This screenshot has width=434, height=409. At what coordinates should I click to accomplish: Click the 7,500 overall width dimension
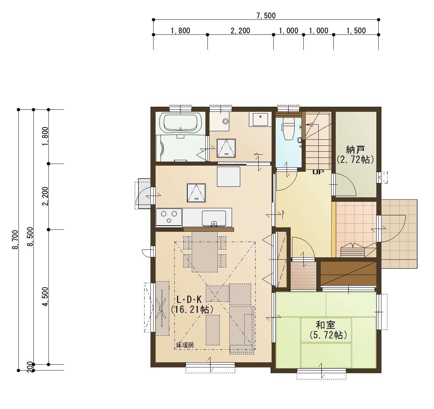(x=265, y=15)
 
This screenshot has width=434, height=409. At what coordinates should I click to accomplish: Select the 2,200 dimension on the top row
(x=240, y=31)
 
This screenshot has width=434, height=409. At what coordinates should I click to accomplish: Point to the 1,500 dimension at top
(x=356, y=31)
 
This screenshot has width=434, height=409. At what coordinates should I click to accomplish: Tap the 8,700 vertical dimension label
(x=15, y=240)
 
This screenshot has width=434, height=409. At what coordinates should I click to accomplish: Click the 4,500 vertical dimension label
(x=45, y=297)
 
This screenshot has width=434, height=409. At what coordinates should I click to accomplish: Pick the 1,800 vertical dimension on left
(x=45, y=136)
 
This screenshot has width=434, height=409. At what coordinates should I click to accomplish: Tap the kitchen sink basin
(x=214, y=218)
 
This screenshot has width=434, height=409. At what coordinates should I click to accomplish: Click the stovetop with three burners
(x=169, y=217)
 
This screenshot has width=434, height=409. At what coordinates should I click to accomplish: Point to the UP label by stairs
(x=318, y=172)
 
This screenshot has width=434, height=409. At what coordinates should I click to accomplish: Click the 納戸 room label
(x=356, y=149)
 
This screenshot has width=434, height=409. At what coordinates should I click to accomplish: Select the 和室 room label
(x=325, y=325)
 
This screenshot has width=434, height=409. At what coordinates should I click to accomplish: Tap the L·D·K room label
(x=189, y=299)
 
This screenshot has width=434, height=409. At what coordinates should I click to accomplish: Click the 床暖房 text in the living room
(x=185, y=345)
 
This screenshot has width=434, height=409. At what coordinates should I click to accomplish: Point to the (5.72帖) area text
(x=328, y=335)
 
